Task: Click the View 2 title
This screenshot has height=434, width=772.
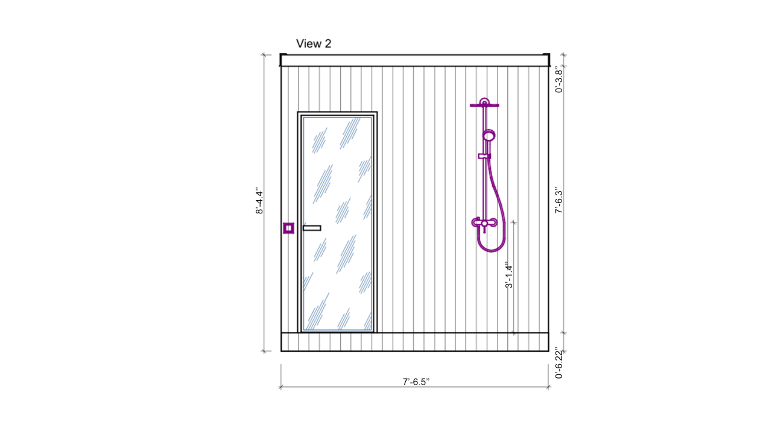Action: [314, 44]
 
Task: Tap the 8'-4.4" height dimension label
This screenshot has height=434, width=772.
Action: [259, 201]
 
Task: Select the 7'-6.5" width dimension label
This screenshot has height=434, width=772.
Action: [416, 382]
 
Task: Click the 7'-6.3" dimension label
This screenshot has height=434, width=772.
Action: [559, 200]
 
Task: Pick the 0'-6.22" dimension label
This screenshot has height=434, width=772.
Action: [559, 365]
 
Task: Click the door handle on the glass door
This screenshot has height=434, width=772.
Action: [312, 228]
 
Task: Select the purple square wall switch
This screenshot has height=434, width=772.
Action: [288, 228]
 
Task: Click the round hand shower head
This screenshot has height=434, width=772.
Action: [489, 136]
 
